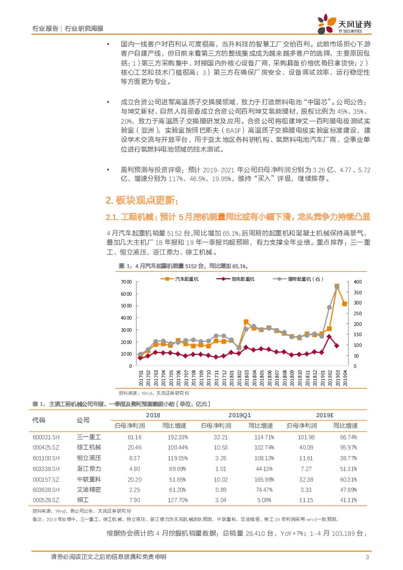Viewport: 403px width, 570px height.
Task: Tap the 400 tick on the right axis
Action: (357, 283)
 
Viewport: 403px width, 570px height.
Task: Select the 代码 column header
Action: (38, 420)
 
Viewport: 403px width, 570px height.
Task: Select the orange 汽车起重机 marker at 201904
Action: (345, 304)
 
